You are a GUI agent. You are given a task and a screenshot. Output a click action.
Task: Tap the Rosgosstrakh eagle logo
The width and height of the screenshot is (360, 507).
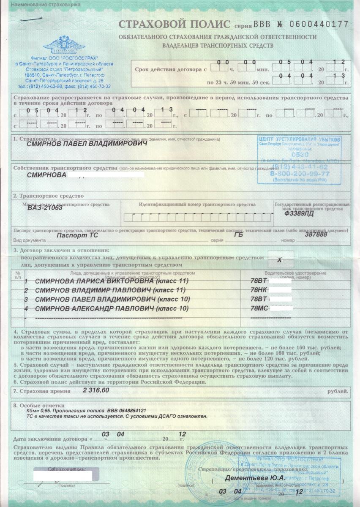click(64, 45)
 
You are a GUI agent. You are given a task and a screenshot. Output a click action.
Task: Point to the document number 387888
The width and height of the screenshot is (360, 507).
click(316, 234)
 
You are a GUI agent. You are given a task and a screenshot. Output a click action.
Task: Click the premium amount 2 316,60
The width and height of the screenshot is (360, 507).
click(96, 391)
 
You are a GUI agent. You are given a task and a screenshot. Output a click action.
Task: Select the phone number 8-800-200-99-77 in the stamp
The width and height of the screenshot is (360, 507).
click(307, 173)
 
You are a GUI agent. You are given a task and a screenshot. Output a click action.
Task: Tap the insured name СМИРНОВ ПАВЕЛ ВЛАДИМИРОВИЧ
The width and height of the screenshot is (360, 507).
click(87, 144)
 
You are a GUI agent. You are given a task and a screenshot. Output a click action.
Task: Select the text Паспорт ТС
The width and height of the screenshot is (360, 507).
click(74, 234)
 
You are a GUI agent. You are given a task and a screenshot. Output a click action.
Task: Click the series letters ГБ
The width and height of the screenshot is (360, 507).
click(239, 234)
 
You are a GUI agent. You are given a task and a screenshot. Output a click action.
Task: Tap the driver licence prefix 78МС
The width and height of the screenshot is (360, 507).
click(259, 308)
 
